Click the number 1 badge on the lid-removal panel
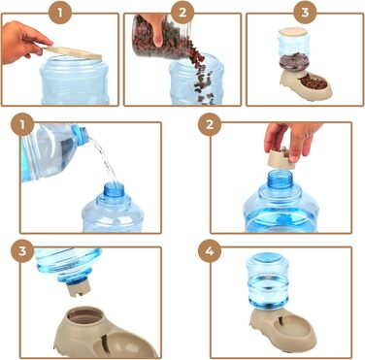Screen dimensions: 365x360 click(59, 13)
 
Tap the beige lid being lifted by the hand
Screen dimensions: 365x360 click(73, 52)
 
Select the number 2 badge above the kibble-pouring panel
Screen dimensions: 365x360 click(182, 13)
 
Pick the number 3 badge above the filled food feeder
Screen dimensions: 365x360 click(305, 13)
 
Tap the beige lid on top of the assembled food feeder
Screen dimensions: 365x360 click(293, 32)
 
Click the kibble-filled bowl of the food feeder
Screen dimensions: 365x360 click(315, 83)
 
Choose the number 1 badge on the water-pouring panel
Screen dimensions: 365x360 click(22, 124)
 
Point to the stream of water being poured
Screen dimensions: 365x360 click(103, 159)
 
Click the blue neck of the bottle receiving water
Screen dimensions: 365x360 click(114, 190)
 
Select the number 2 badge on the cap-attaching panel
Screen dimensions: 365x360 click(210, 124)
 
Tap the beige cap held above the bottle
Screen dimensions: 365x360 click(282, 158)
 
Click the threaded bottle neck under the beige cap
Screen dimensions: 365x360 click(281, 180)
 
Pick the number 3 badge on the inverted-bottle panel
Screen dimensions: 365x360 click(22, 251)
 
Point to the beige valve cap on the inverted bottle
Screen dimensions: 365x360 click(78, 287)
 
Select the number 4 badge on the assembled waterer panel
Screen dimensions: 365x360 click(210, 251)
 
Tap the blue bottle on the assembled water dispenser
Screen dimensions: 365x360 click(268, 281)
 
